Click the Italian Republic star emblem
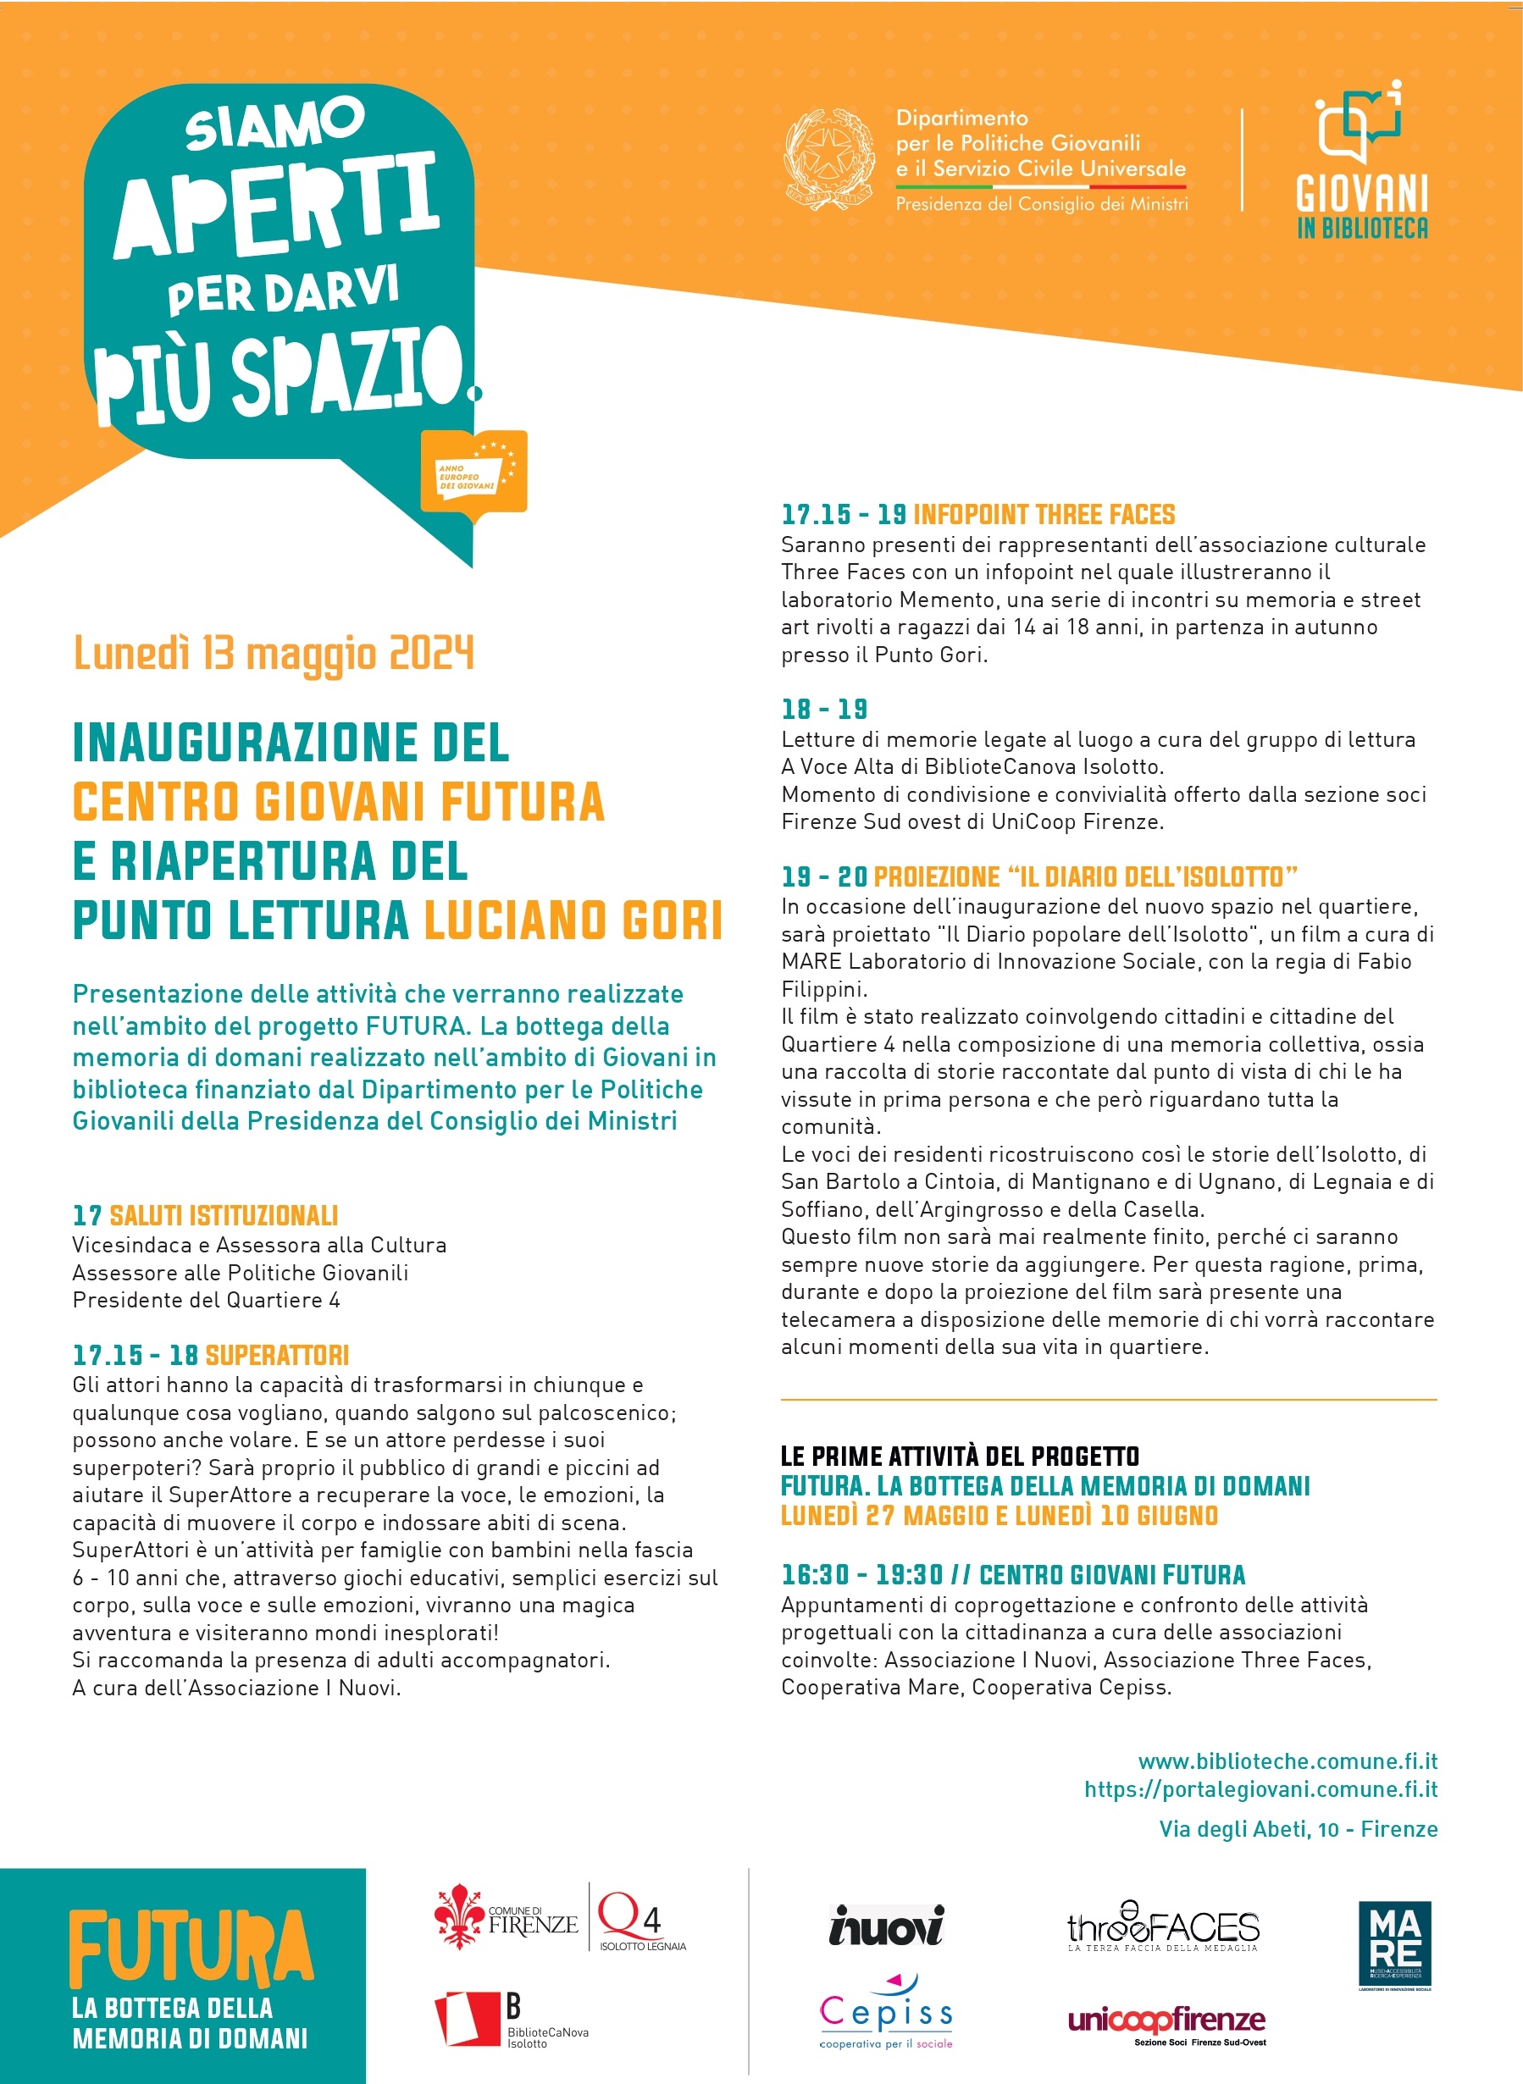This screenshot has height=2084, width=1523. coord(828,158)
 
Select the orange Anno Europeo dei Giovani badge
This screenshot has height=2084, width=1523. coord(474,473)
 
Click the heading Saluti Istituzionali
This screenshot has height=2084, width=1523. coord(223,1216)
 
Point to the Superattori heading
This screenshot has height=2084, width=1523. coord(277,1355)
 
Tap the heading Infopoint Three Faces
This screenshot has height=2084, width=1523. coord(1044,514)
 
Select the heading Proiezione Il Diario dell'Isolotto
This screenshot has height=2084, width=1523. coord(1085,876)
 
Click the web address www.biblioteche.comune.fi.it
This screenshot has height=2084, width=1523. coord(1287,1761)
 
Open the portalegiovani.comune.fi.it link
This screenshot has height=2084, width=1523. coord(1260,1789)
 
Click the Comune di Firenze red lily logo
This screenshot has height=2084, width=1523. coord(459,1916)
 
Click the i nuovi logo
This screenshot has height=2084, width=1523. coord(886,1925)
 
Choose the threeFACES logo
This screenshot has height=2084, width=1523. coord(1162,1927)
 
